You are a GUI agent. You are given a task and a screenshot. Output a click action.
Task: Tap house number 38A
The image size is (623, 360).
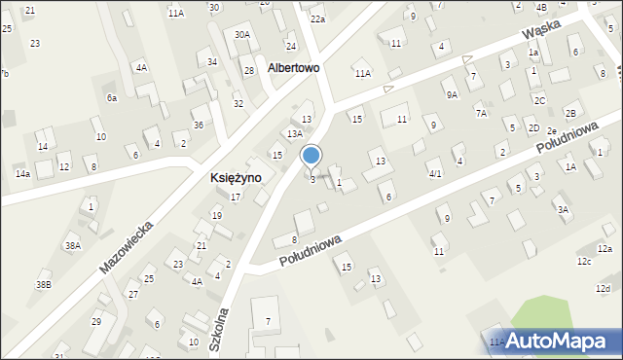pos(72,246)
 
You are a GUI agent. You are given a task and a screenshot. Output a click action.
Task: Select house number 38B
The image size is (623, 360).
pos(43,284)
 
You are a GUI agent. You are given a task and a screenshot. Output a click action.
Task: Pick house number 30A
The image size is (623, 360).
pos(242,35)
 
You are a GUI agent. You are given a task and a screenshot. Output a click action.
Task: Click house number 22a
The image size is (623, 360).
pos(317,18)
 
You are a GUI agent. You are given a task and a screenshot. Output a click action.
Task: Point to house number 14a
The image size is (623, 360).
pos(21,173)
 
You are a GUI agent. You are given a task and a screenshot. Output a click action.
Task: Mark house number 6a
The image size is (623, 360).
pos(112,97)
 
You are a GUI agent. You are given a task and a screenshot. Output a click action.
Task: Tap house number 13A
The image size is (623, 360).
pos(294,133)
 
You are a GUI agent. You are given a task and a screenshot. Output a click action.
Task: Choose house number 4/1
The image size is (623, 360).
pos(435,173)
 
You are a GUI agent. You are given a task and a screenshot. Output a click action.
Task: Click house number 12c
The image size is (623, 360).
pos(584,262)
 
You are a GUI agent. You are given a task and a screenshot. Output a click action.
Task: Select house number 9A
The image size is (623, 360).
pos(452,94)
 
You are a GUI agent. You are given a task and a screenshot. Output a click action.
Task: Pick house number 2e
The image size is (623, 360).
pos(551,131)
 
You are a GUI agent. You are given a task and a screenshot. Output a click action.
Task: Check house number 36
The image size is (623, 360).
pos(198,125)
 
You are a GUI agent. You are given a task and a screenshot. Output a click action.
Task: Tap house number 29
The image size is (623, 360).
pos(96,321)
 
